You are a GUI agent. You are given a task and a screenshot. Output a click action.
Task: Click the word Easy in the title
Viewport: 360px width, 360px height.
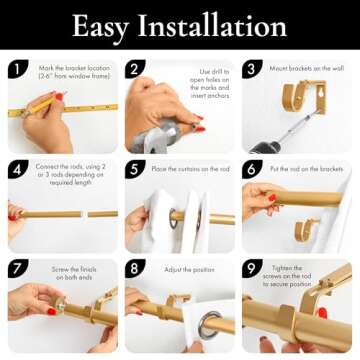tap(99, 26)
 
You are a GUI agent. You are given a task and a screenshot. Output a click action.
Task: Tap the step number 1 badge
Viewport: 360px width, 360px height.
tap(17, 69)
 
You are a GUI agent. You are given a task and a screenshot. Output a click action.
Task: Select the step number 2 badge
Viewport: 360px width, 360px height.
tap(135, 69)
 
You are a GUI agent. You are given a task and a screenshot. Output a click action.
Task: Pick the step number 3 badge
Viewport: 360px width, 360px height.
tap(252, 69)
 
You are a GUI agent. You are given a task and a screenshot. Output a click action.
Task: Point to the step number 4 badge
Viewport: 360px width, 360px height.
tap(17, 169)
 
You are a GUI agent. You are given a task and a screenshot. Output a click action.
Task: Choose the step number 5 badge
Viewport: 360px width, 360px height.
tap(135, 169)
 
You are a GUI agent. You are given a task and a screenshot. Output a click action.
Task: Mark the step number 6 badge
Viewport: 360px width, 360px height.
tap(252, 169)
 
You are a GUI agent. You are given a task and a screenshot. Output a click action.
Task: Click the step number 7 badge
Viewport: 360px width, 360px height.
tap(17, 268)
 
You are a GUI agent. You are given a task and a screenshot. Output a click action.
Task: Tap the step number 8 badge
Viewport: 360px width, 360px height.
tap(135, 268)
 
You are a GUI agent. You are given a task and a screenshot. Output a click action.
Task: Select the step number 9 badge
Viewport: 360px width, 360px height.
tap(252, 268)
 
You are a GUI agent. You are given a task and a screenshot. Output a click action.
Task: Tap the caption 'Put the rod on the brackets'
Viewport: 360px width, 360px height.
tap(307, 169)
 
